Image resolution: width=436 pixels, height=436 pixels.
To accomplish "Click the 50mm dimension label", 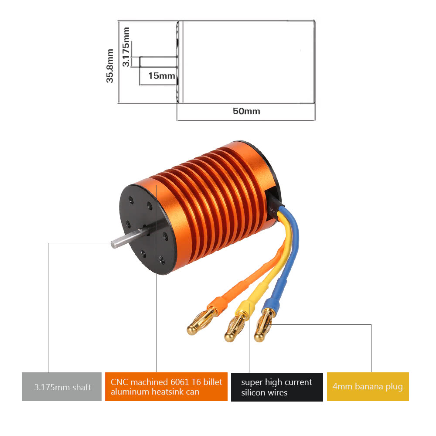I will tap(246, 111).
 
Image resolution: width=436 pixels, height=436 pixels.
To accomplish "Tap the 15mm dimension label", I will tap(161, 76).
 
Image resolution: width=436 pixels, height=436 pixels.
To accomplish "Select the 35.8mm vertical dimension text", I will tap(110, 65).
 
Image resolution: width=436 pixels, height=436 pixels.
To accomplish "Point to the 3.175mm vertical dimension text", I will tap(126, 47).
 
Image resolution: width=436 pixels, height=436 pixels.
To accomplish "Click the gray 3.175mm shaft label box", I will tap(61, 387).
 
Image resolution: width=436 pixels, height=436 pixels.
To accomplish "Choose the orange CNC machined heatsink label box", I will tap(166, 387).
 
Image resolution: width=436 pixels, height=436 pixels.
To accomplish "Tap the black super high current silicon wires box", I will tap(277, 387).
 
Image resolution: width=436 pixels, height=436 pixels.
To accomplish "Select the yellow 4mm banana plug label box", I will tap(368, 387).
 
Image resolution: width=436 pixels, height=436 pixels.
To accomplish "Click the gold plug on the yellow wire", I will tap(233, 330).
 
